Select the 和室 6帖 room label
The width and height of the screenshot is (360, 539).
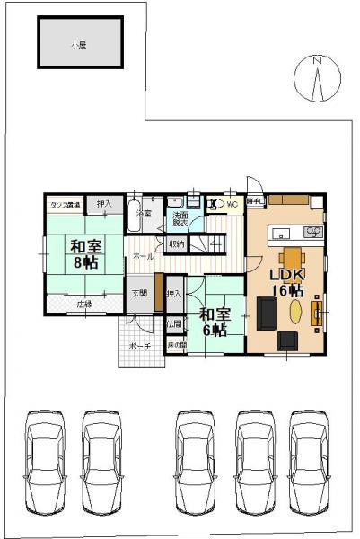click(x=213, y=322)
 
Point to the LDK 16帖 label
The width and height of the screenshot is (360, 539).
click(x=288, y=280)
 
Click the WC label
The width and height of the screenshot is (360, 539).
click(x=232, y=205)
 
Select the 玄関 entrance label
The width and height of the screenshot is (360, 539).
click(x=140, y=293)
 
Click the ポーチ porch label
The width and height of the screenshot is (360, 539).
click(x=139, y=344)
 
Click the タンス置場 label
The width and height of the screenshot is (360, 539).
click(x=65, y=205)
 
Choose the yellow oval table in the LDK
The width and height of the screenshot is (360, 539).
click(x=296, y=310)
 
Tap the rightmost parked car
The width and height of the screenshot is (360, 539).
click(x=311, y=454)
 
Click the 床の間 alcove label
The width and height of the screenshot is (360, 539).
click(x=176, y=345)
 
